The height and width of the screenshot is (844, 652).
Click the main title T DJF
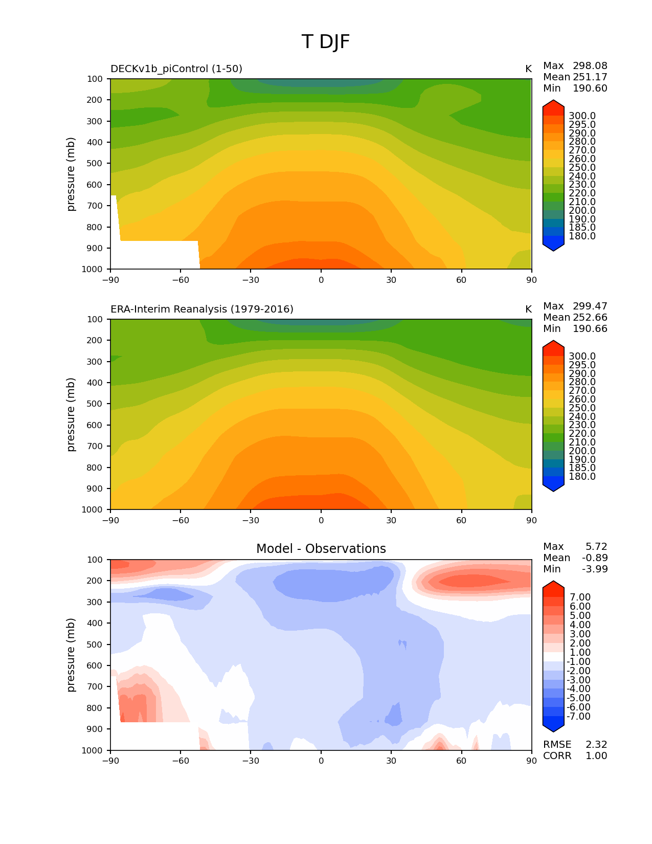pos(326,42)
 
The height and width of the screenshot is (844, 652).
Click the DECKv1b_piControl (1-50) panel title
pos(176,69)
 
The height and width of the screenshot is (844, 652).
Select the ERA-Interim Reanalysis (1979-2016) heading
pos(202,309)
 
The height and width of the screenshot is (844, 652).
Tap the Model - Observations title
pos(321,549)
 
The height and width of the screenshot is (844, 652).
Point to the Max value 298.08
pos(590,66)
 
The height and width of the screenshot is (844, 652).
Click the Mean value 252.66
pos(590,318)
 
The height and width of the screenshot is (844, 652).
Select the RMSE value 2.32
pos(596,745)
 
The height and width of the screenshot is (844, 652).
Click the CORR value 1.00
pos(596,756)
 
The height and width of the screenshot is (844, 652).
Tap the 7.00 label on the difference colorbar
pos(580,597)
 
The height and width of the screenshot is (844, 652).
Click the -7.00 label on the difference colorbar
pos(579,717)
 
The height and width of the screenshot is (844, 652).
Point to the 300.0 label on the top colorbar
pos(582,116)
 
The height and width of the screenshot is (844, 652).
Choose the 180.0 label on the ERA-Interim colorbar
pos(582,477)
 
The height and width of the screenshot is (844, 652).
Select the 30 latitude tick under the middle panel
pos(391,521)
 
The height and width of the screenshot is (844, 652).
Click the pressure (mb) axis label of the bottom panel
pos(71,655)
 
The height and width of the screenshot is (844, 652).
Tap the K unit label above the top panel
pos(528,69)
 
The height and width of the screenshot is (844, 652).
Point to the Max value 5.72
pos(596,547)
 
